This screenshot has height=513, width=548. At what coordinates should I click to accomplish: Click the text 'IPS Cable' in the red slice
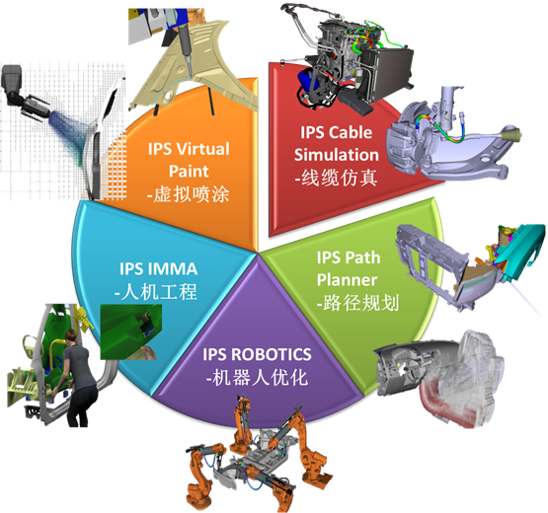(337, 132)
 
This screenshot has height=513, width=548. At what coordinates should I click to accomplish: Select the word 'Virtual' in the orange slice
(202, 149)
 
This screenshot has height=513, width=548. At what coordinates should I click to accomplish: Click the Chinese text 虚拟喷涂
(192, 193)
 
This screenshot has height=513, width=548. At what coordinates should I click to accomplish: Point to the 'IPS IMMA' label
(158, 269)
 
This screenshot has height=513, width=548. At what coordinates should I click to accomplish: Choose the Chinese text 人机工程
(159, 292)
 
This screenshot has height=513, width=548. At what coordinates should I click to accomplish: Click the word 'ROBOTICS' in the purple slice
(272, 354)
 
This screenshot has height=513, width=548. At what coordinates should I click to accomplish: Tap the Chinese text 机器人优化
(261, 377)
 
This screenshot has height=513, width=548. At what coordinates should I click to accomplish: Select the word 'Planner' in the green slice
(347, 280)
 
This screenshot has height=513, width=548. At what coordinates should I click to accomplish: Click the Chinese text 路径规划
(361, 303)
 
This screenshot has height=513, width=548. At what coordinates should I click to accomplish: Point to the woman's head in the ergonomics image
(73, 336)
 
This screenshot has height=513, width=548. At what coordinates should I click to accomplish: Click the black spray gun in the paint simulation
(25, 93)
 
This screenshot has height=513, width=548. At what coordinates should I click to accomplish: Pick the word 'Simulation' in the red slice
(337, 155)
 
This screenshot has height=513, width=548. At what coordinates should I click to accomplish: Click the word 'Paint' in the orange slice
(189, 172)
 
